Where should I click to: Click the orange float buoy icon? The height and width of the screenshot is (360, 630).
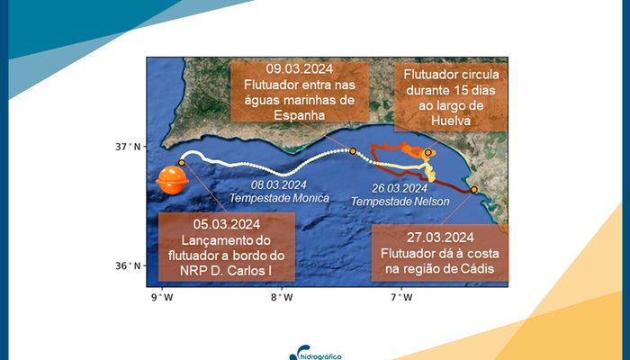coord(172,181)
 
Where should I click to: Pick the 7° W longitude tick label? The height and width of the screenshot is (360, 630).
coord(401,298)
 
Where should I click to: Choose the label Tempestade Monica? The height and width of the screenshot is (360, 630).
coord(278,197)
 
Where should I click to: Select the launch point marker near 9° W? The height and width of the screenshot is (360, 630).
coord(182,163)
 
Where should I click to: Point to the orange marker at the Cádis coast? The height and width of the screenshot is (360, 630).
coord(474,189)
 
